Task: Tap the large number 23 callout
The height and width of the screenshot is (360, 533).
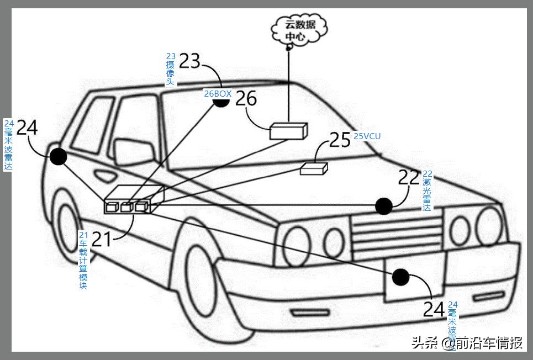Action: point(189,61)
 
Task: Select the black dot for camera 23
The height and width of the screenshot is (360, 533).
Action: point(221,103)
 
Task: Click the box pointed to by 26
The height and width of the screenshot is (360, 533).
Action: point(288,130)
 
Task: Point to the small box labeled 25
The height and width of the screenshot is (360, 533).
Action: point(314,168)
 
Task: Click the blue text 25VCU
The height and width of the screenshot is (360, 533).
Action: point(367,136)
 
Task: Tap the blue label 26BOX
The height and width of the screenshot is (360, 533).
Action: point(218,94)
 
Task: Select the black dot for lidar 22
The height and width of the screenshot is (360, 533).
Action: point(383,206)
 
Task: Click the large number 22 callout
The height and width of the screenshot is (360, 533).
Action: point(409,177)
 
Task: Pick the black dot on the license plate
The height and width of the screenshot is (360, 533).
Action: point(401,277)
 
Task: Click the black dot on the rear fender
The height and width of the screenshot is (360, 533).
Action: point(58,157)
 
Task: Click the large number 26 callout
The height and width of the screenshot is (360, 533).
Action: point(246,99)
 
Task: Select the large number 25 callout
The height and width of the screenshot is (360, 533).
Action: point(340,140)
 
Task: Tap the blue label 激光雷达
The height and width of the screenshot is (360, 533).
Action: point(426,194)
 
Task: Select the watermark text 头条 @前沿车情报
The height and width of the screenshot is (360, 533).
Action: point(467,343)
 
